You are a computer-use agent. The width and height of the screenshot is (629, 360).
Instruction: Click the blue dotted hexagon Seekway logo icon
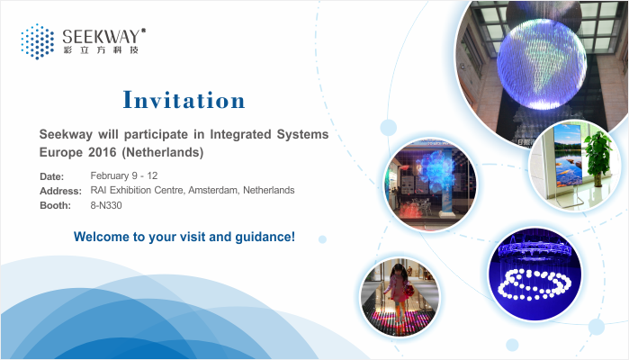[x=37, y=41]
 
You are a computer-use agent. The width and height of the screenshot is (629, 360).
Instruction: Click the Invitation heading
[x=184, y=100]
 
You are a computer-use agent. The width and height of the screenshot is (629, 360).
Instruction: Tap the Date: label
[x=52, y=176]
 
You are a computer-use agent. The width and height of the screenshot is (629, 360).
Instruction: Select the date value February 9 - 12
[x=124, y=175]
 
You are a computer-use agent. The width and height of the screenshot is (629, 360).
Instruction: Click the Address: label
[x=60, y=191]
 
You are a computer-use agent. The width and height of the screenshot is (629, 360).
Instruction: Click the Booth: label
[x=56, y=205]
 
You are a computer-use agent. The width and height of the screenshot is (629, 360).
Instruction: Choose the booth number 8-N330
[x=106, y=205]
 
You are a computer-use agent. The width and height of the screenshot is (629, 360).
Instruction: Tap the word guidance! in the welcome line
[x=265, y=237]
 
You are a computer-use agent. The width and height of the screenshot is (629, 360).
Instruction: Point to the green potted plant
[x=598, y=157]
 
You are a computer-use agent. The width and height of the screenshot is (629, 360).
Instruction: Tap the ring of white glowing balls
[x=534, y=284]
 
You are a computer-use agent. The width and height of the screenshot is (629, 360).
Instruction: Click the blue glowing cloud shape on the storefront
[x=436, y=172]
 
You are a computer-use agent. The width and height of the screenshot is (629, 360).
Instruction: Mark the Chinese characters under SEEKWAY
[x=101, y=50]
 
